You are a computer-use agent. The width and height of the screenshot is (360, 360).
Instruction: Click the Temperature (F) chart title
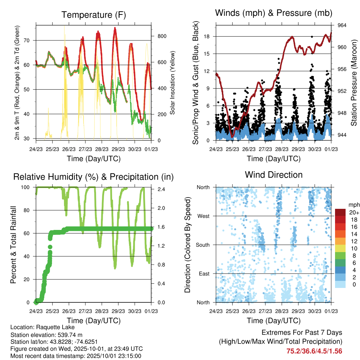[94, 15]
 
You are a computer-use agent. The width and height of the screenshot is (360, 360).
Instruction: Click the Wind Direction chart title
[274, 175]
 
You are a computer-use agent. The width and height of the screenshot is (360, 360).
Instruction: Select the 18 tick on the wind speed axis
[207, 36]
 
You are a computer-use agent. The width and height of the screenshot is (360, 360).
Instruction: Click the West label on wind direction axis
[203, 216]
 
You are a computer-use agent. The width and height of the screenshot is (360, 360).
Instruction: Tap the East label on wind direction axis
[204, 274]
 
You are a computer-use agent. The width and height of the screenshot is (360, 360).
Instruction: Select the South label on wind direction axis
[202, 245]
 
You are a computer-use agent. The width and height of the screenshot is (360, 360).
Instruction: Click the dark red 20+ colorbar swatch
[341, 212]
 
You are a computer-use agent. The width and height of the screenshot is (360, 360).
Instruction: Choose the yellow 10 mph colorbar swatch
[341, 249]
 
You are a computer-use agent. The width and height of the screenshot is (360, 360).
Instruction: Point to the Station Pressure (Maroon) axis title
[353, 83]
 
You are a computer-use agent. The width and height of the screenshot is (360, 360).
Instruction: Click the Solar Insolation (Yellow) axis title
[173, 83]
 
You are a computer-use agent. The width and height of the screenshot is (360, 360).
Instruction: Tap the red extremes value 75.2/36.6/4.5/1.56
[314, 351]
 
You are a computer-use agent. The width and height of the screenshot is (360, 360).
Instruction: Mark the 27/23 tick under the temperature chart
[85, 149]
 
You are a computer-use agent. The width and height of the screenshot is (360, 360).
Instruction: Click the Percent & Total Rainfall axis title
[13, 240]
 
